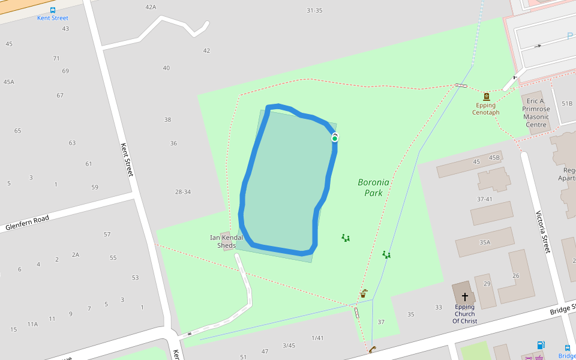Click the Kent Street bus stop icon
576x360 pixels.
tap(53, 10)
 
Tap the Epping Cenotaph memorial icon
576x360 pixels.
tap(486, 96)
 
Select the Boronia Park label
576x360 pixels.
tap(374, 187)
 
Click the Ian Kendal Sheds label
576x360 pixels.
tap(226, 241)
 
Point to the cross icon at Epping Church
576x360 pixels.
tap(465, 296)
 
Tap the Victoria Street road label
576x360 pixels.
tap(542, 232)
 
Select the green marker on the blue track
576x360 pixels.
tap(335, 138)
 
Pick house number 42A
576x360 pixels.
tap(151, 7)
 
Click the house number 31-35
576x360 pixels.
tap(314, 10)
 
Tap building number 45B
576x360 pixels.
tap(494, 158)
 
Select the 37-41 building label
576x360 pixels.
tap(484, 199)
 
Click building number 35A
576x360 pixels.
tap(485, 242)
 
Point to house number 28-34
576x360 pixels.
tap(183, 192)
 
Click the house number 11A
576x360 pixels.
tap(32, 324)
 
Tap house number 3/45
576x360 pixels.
tap(289, 345)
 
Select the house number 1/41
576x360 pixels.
tap(317, 338)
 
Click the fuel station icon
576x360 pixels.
tap(541, 345)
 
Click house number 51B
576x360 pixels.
tap(566, 103)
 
